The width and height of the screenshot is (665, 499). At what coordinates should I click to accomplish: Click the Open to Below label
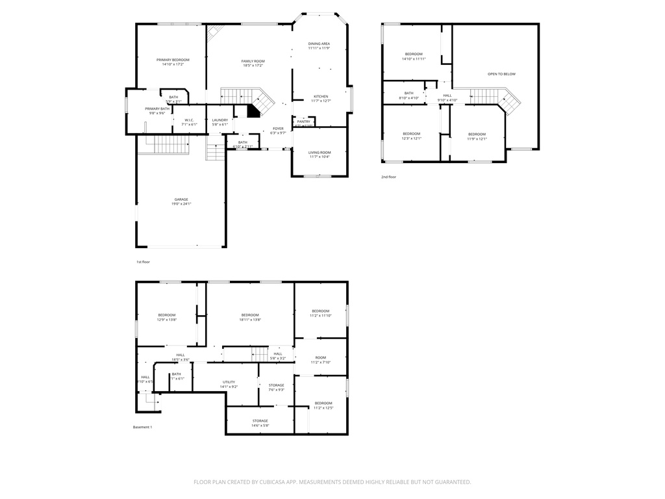coord(501,74)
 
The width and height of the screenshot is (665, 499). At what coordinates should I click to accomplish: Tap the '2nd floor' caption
coord(388,177)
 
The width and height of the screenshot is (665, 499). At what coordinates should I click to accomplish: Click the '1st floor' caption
coord(143,262)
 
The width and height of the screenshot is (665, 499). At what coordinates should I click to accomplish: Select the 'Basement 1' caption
coord(142,427)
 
